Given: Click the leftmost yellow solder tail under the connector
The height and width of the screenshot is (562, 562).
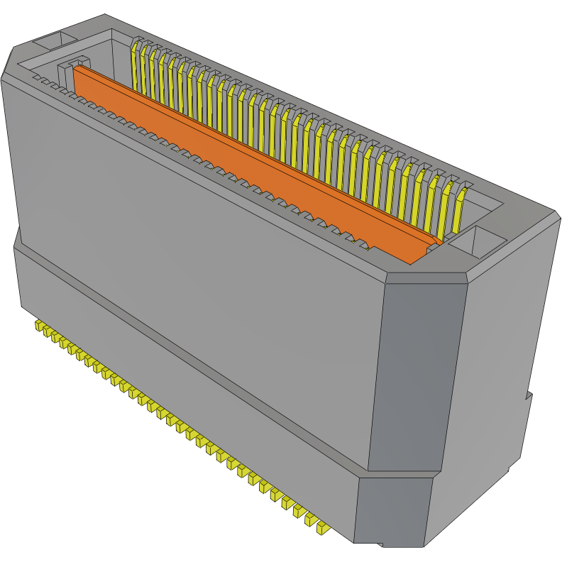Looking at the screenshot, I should (x=38, y=325).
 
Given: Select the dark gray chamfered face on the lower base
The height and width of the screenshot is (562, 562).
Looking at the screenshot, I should (x=392, y=511).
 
